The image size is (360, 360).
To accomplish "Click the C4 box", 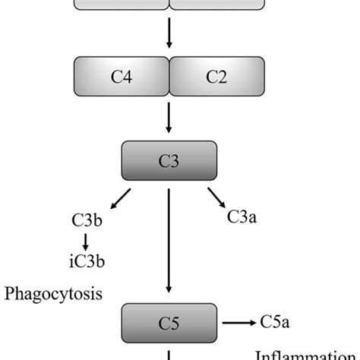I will pyautogui.click(x=121, y=76).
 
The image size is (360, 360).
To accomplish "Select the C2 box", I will pyautogui.click(x=216, y=76).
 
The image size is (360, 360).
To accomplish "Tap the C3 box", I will pyautogui.click(x=169, y=161).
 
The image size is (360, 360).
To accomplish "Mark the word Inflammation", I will pyautogui.click(x=307, y=354).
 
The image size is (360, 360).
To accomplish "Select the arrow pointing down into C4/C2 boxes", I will pyautogui.click(x=169, y=34).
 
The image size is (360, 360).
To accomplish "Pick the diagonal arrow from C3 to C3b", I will pyautogui.click(x=120, y=199).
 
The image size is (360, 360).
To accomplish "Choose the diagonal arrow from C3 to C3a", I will pyautogui.click(x=216, y=199).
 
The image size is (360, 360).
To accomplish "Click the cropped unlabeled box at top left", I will pyautogui.click(x=121, y=5).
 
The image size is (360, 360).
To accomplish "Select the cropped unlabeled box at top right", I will pyautogui.click(x=216, y=5).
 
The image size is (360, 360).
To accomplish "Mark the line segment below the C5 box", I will pyautogui.click(x=169, y=353).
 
